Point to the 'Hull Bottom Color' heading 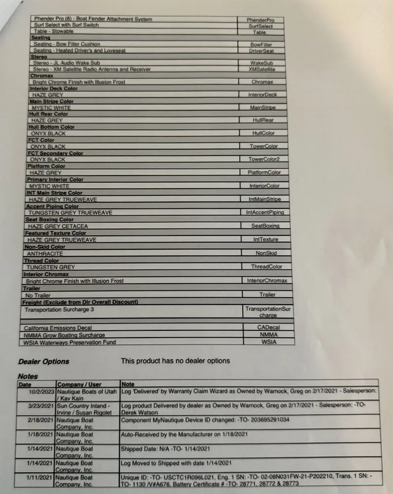pyautogui.click(x=52, y=127)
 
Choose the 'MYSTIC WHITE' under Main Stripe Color pyautogui.click(x=51, y=108)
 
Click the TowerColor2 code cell pyautogui.click(x=263, y=159)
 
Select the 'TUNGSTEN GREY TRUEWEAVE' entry pyautogui.click(x=70, y=213)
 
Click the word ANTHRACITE pyautogui.click(x=45, y=254)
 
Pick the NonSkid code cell pyautogui.click(x=266, y=253)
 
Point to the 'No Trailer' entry pyautogui.click(x=39, y=295)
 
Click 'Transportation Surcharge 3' pyautogui.click(x=59, y=310)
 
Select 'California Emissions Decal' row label pyautogui.click(x=57, y=327)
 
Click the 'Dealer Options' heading pyautogui.click(x=44, y=361)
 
